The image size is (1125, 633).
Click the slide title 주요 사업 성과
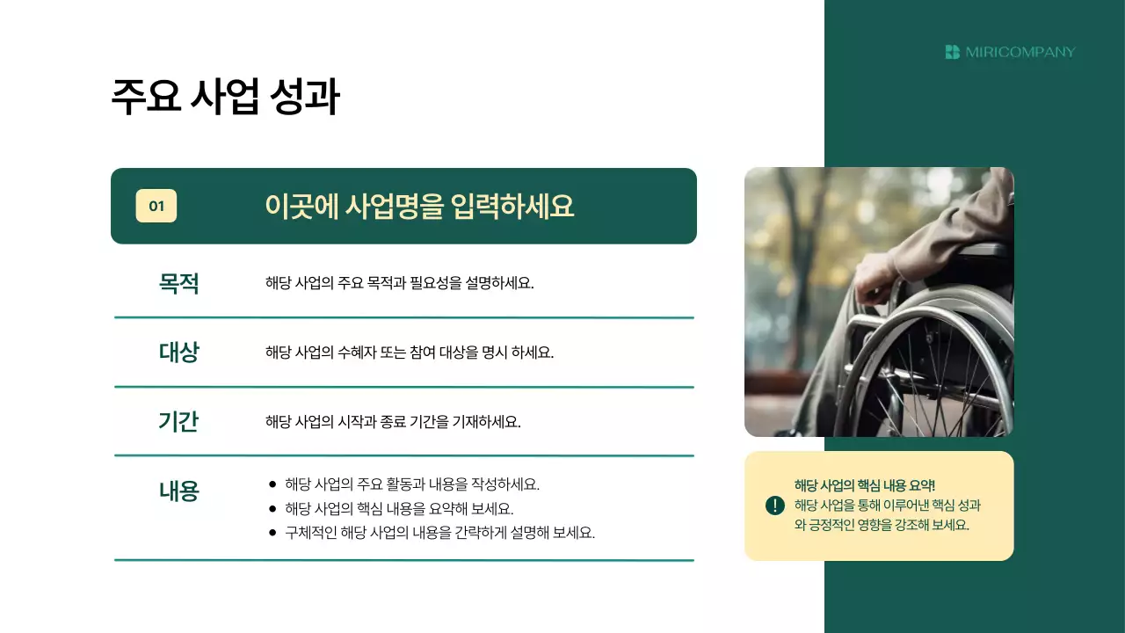point(225,98)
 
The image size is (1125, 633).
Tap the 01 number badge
point(156,207)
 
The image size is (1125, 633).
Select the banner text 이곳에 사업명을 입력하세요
point(419,207)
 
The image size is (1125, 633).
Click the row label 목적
point(178,283)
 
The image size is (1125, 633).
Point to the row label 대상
point(178,353)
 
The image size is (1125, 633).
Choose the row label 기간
point(178,421)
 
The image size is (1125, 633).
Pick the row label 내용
point(178,491)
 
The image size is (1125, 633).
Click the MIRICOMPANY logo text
point(1020,52)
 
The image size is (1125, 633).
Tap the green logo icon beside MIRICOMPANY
point(952,52)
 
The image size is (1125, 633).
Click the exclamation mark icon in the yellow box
point(774,506)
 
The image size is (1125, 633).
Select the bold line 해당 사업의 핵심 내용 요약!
point(865,485)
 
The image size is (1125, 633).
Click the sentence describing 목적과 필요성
point(399,283)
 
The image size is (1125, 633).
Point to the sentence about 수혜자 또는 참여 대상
point(409,353)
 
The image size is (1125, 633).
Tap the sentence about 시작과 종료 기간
point(393,421)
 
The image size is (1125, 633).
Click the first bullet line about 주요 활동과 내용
point(411,484)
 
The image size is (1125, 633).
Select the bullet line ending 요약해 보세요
point(399,509)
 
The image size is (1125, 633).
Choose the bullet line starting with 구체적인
point(439,533)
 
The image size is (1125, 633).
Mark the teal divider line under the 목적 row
point(404,317)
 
